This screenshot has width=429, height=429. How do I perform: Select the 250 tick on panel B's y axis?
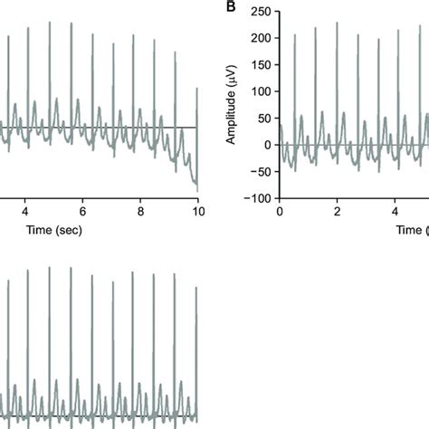tap(262, 12)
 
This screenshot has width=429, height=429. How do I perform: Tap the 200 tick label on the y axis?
tap(262, 39)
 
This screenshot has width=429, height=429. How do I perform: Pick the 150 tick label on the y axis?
tap(262, 65)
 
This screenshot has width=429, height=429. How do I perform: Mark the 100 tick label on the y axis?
tap(262, 92)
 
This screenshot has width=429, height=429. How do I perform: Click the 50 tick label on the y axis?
tap(264, 119)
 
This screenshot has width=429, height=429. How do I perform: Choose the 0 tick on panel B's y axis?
tap(268, 145)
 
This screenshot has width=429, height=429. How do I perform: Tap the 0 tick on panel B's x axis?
tap(280, 211)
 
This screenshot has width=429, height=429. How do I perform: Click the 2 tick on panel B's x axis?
tap(337, 211)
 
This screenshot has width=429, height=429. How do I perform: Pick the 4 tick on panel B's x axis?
tap(395, 211)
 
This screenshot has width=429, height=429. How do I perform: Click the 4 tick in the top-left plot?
tap(25, 211)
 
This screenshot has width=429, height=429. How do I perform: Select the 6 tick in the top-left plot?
tap(83, 211)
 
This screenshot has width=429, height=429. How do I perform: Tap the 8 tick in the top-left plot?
tap(140, 211)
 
